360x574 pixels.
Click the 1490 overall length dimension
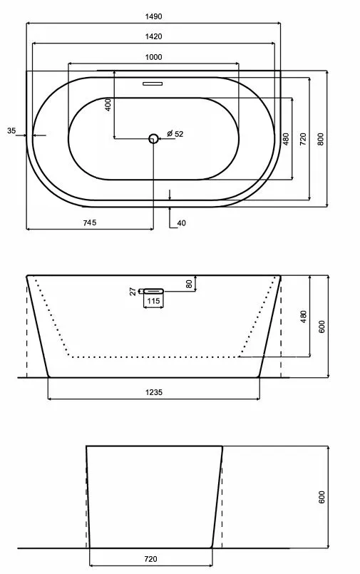click(153, 16)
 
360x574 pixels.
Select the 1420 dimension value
click(153, 36)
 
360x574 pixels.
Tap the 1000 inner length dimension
click(153, 57)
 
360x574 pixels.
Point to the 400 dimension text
click(108, 105)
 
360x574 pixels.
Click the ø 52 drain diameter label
click(175, 134)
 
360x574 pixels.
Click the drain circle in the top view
click(153, 138)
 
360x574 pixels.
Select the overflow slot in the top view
click(153, 83)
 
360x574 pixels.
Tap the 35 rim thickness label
click(11, 130)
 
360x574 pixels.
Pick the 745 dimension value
click(90, 222)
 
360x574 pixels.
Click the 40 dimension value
click(182, 223)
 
